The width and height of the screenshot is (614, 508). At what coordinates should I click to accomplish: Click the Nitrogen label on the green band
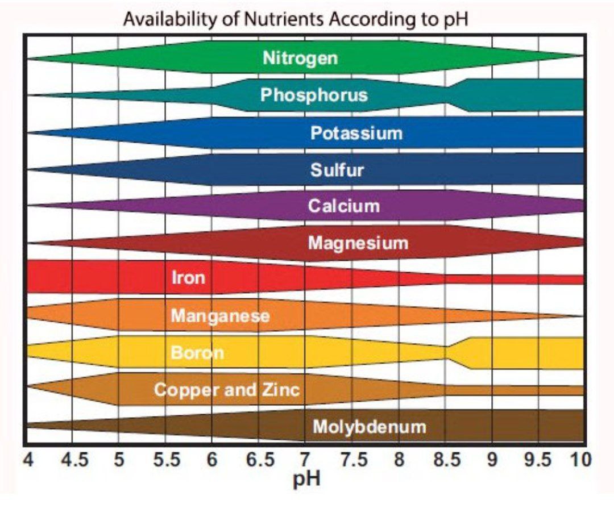click(x=300, y=58)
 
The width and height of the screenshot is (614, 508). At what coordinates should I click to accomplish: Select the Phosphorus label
click(x=314, y=95)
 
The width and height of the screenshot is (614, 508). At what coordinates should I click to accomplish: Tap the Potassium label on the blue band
click(x=356, y=134)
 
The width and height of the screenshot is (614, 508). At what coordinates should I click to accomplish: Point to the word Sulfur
click(x=337, y=170)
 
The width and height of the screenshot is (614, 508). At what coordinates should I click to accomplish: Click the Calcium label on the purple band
click(x=343, y=206)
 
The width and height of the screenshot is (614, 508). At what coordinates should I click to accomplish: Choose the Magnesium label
click(x=358, y=243)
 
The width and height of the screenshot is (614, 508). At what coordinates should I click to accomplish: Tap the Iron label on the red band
click(x=188, y=278)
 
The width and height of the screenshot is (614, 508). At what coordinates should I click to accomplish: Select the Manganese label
click(x=220, y=315)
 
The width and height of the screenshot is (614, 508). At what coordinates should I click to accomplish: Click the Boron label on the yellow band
click(x=197, y=353)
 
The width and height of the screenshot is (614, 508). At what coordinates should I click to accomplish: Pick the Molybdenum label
click(x=369, y=426)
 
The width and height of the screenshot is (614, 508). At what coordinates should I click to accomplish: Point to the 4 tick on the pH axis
click(x=27, y=459)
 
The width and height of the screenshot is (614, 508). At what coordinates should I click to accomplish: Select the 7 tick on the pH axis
click(x=305, y=459)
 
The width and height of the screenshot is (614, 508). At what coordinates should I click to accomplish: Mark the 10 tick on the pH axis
click(x=581, y=459)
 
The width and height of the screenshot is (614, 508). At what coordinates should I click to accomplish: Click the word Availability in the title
click(x=169, y=19)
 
